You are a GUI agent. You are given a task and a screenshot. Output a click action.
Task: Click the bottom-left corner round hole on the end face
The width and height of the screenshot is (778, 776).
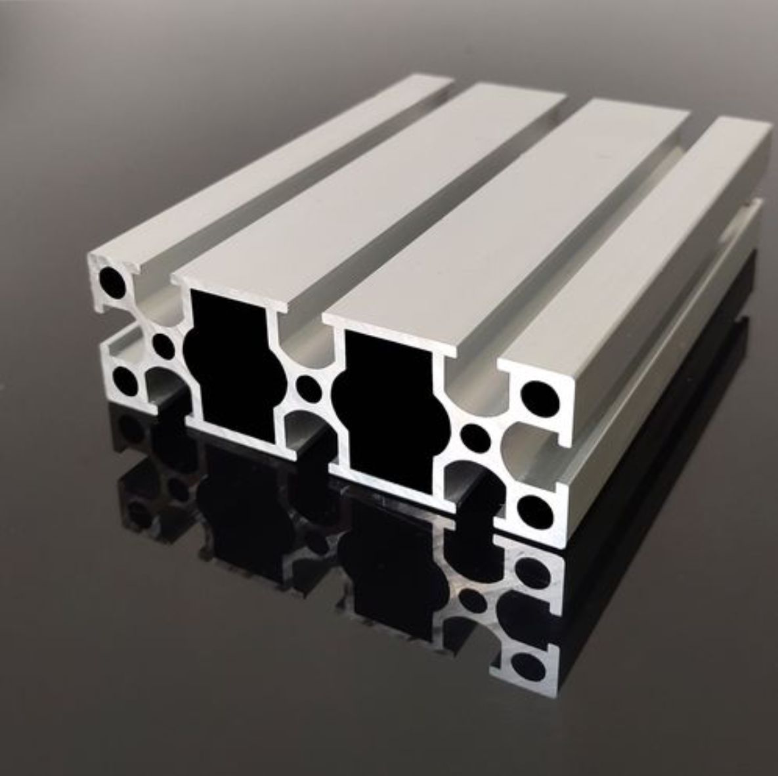125,379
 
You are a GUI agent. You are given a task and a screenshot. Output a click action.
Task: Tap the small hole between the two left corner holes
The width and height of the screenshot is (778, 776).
162,342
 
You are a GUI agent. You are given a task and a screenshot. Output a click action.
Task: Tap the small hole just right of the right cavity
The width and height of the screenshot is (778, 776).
474,437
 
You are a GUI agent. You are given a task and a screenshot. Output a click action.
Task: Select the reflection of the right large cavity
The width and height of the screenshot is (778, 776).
387,565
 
